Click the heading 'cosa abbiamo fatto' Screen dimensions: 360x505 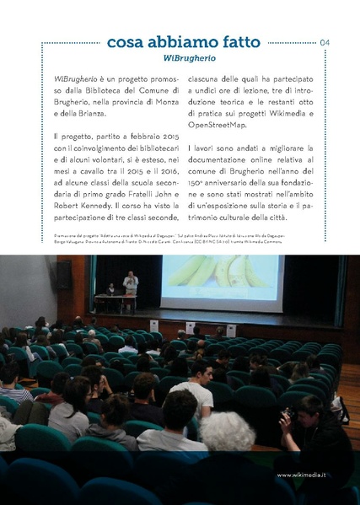click(x=183, y=42)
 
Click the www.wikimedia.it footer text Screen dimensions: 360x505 click(x=311, y=474)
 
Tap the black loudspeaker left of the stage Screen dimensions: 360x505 click(x=64, y=275)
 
